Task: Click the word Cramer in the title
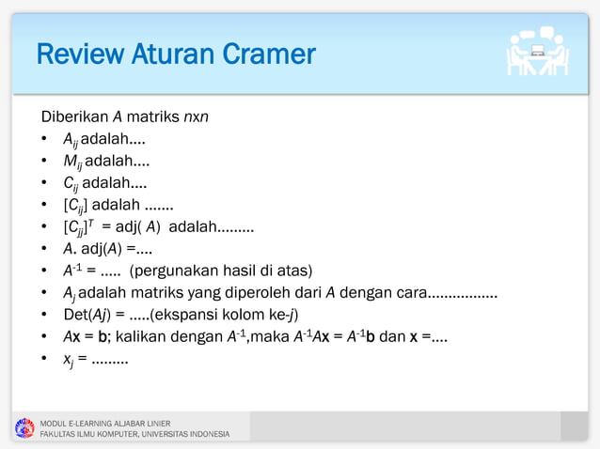point(269,54)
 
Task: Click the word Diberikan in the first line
point(74,118)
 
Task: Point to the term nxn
point(196,118)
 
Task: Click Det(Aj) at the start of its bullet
point(85,314)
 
